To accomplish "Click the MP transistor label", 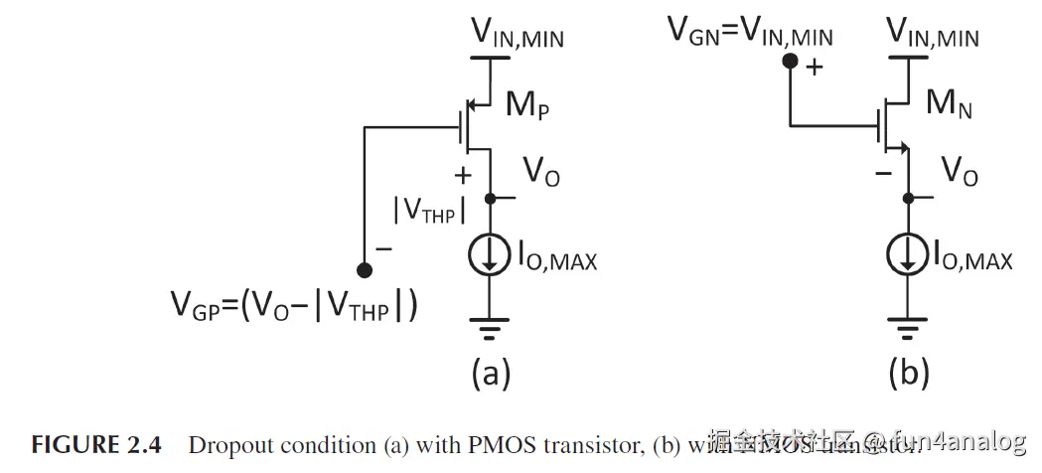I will click(526, 103).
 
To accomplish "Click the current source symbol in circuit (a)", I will click(490, 257).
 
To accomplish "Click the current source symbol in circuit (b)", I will click(908, 257).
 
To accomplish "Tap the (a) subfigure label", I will click(490, 373).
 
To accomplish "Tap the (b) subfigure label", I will click(908, 373).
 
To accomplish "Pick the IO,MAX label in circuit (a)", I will click(556, 260).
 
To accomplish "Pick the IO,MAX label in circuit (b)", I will click(973, 260).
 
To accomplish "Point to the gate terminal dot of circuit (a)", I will click(365, 269).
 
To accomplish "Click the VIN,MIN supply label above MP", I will click(516, 38).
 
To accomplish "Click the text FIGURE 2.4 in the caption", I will click(95, 444).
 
